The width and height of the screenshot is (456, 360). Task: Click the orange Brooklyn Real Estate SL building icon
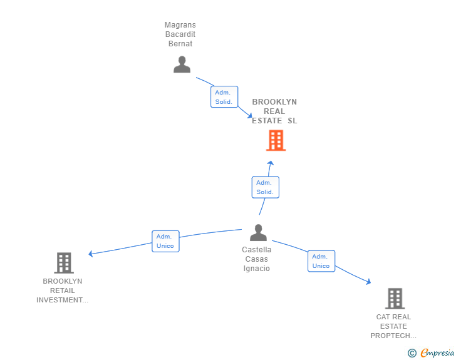(x=276, y=140)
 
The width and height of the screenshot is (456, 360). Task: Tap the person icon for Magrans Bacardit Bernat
(x=182, y=64)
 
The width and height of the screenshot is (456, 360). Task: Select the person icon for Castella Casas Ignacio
(x=258, y=233)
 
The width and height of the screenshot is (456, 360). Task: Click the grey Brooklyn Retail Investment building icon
(x=64, y=263)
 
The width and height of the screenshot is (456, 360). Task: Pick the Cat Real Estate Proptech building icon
(x=394, y=299)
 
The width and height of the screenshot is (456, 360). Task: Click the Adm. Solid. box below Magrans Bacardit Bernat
(x=224, y=97)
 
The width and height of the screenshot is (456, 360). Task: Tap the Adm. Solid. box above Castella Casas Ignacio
(x=265, y=187)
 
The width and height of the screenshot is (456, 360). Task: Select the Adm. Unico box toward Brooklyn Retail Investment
(x=165, y=241)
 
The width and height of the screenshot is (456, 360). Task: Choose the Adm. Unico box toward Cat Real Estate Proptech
(x=321, y=261)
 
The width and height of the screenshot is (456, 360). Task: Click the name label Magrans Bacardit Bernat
(x=180, y=34)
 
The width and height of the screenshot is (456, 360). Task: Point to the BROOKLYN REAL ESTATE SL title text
(x=274, y=111)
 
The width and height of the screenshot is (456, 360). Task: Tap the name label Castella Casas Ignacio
(x=257, y=259)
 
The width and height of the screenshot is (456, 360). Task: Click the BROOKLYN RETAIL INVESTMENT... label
(x=63, y=291)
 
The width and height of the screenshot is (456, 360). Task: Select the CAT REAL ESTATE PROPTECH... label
(x=393, y=326)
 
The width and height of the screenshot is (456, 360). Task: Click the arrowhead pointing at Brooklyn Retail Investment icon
(x=91, y=254)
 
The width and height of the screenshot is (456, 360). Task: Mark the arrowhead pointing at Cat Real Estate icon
(x=368, y=283)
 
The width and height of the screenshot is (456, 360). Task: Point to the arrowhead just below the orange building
(x=271, y=162)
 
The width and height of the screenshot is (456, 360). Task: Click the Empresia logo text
(x=437, y=352)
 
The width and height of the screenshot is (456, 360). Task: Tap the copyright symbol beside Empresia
(x=412, y=353)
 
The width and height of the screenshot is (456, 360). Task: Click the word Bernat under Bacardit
(x=180, y=44)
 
